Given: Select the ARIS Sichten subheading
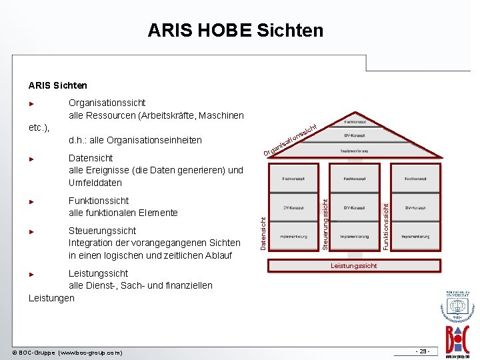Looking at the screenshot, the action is pos(58,85).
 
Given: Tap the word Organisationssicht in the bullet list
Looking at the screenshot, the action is pos(107,103).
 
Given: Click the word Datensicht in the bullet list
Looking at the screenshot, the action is pos(91,158).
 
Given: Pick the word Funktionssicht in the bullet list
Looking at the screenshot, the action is pos(99,201).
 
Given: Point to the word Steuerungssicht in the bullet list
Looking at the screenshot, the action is pos(103,231).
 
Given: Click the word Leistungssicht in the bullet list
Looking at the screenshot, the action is pos(99,273).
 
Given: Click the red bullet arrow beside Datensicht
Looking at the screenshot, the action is pos(31,159).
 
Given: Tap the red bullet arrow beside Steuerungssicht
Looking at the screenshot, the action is pos(31,231).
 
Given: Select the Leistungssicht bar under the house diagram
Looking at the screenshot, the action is pos(354,265).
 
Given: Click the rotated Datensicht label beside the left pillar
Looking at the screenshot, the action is pos(263,233).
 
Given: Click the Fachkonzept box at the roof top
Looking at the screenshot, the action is pos(353,123).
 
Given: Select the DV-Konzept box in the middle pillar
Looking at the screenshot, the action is pos(353,207).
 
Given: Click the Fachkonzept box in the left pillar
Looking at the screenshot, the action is pos(294,179).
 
